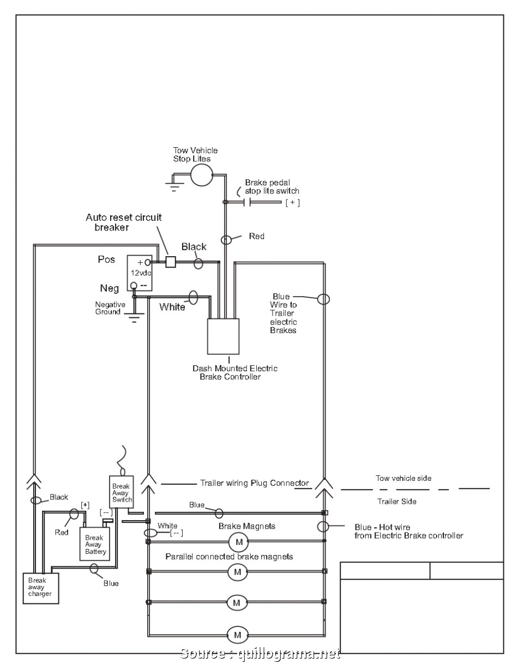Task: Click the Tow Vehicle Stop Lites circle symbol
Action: (201, 175)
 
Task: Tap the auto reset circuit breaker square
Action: (171, 262)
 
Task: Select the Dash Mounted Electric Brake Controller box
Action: (223, 336)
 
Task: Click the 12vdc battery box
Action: (140, 273)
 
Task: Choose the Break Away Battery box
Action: (94, 544)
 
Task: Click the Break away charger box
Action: (40, 588)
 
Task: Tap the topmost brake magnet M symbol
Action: (238, 542)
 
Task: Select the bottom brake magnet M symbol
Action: (237, 635)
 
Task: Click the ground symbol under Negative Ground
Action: (133, 317)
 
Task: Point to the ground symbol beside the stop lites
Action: (174, 188)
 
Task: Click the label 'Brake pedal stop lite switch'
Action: (272, 187)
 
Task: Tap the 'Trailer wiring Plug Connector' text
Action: (254, 483)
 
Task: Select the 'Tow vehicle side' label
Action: (403, 478)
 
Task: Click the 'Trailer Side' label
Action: (396, 502)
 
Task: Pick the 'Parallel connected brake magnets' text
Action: (229, 557)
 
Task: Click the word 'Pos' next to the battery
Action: (106, 259)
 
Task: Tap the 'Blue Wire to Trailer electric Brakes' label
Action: (284, 313)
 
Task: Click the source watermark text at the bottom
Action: (260, 653)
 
